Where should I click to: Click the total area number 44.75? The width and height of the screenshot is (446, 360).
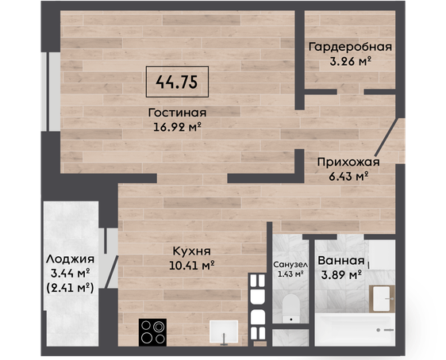click(x=177, y=82)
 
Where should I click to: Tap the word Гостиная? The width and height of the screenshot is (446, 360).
click(x=177, y=113)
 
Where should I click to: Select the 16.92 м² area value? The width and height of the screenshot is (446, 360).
click(x=178, y=127)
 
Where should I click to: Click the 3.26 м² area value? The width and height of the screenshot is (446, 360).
click(x=351, y=61)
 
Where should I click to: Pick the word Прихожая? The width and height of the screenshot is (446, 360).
click(x=348, y=163)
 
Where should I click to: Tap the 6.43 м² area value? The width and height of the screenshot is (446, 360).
click(x=348, y=177)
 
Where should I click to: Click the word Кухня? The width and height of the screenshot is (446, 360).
click(x=192, y=251)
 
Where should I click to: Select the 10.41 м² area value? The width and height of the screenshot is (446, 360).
click(x=192, y=266)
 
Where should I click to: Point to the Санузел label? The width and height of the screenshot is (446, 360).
click(x=290, y=265)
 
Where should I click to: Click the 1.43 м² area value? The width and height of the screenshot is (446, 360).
click(x=290, y=274)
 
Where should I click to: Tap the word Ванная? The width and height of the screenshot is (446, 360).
click(x=341, y=261)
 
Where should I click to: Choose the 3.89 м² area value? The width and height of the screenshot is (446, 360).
click(x=341, y=275)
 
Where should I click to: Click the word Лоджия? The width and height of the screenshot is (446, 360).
click(x=71, y=259)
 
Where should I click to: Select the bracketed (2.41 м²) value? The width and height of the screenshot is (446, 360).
click(x=70, y=288)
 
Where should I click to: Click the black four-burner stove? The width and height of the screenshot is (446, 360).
click(x=152, y=332)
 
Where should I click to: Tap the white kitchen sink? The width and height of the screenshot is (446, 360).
click(x=224, y=331)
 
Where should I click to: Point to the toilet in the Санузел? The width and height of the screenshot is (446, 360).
click(x=291, y=308)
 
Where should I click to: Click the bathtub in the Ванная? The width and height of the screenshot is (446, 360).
click(x=355, y=330)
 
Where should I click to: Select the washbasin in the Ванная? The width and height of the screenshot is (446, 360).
click(x=382, y=299)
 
